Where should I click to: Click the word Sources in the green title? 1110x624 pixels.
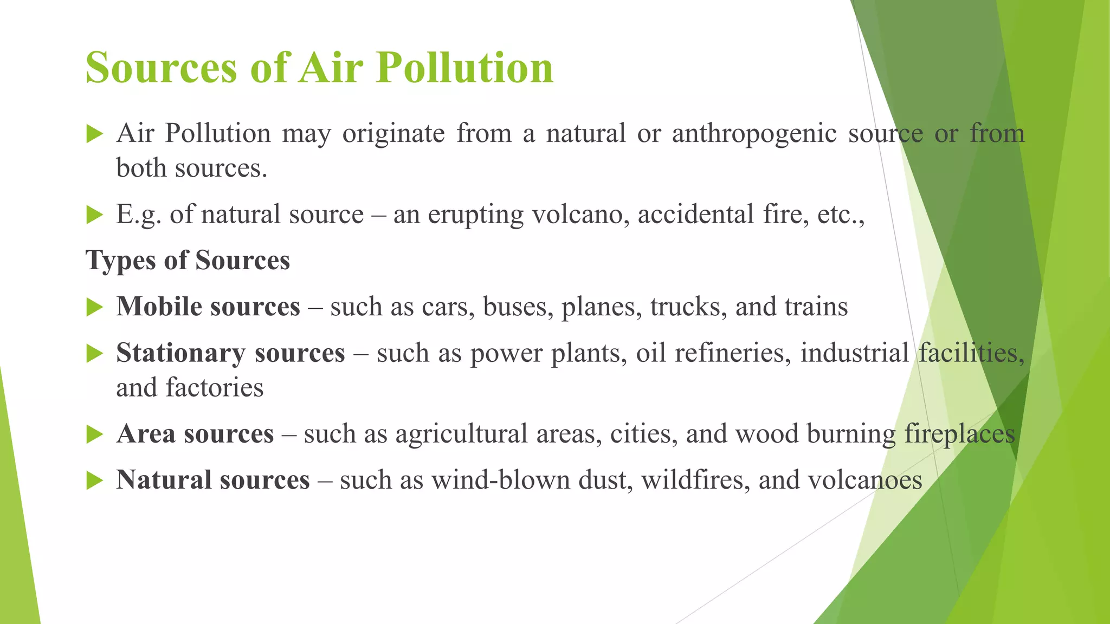[x=162, y=68]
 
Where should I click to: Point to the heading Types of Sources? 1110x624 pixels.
[x=188, y=260]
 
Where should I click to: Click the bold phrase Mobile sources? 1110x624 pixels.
[x=208, y=307]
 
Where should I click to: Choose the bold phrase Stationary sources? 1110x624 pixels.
[x=230, y=353]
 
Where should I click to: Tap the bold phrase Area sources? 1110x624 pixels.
[x=195, y=434]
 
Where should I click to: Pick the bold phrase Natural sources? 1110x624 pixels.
[x=213, y=480]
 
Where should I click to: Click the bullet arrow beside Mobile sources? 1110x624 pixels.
[x=94, y=308]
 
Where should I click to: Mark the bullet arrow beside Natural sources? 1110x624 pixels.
[x=94, y=481]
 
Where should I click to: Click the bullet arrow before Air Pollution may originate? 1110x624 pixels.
[x=94, y=134]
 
